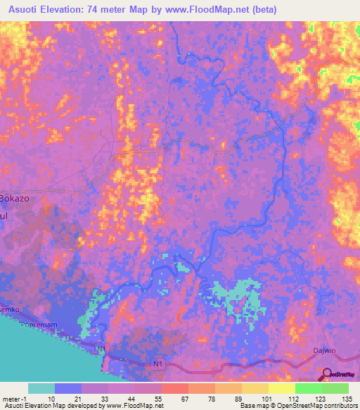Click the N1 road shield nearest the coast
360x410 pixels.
[x=102, y=348]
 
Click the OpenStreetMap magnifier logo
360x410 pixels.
[x=327, y=374]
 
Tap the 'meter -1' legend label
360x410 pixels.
[x=14, y=398]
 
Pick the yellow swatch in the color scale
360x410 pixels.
[x=281, y=388]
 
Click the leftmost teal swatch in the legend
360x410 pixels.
[x=41, y=388]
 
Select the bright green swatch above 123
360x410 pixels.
[x=308, y=388]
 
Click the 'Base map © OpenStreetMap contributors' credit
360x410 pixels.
[x=297, y=406]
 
